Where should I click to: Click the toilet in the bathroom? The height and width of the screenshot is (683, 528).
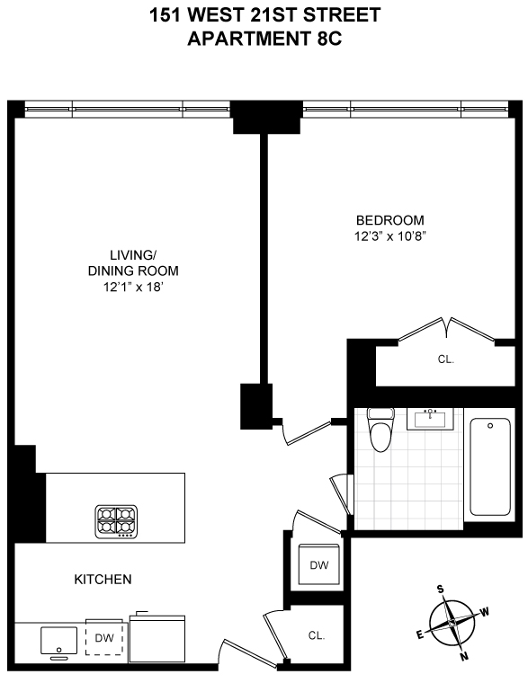382,431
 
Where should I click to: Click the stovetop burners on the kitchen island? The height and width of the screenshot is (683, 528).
118,521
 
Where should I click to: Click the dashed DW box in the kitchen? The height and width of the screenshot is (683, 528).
104,638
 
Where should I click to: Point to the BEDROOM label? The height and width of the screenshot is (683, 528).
389,220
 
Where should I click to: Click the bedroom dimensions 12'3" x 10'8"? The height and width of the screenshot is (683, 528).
389,237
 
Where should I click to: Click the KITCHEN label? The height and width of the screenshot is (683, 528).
103,580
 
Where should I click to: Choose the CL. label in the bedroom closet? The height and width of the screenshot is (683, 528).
446,359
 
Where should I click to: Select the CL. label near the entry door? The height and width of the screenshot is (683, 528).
317,635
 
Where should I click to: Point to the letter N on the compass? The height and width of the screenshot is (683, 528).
464,656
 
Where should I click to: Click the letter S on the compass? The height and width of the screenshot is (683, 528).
441,590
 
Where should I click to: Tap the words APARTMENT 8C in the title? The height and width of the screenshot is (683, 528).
264,38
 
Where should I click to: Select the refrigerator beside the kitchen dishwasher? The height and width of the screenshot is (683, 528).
158,640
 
